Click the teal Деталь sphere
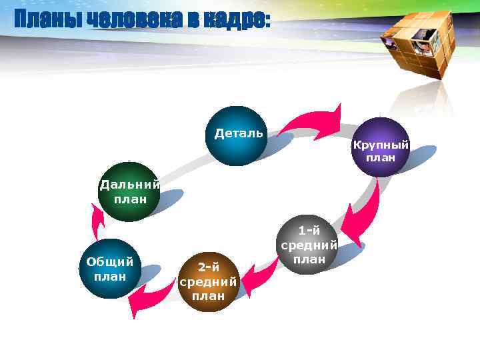click(237, 136)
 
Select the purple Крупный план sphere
click(380, 147)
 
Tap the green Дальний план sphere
click(127, 192)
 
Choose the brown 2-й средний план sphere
click(208, 282)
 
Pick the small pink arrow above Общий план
click(98, 220)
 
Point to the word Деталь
click(239, 133)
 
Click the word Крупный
click(381, 145)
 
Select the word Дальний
click(129, 185)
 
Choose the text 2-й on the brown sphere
click(209, 267)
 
